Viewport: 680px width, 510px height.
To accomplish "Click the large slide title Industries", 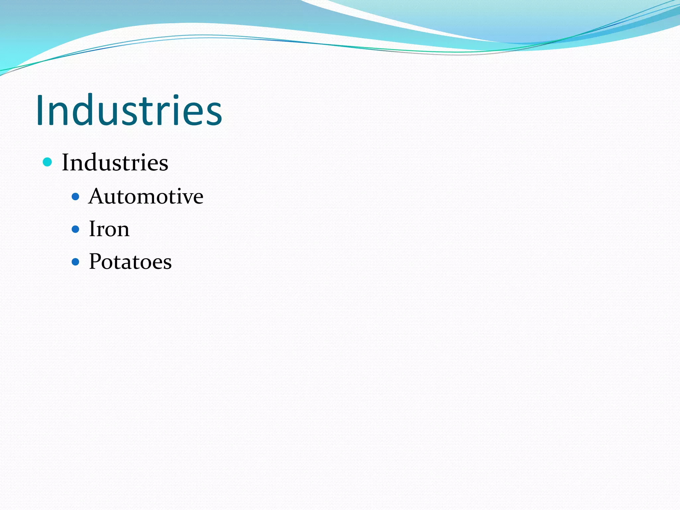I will click(129, 110).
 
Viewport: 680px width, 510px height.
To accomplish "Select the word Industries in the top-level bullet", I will click(115, 163).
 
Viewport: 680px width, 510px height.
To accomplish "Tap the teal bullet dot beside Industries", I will click(48, 162).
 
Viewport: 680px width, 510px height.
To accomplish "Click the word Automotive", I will click(146, 197).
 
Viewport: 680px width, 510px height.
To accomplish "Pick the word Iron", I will click(109, 229).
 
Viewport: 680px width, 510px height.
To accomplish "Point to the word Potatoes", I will click(130, 262).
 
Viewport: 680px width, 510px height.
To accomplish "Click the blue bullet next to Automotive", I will click(76, 197).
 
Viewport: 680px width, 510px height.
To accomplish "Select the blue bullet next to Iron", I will click(76, 229).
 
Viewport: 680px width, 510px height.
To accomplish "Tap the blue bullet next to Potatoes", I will click(76, 262).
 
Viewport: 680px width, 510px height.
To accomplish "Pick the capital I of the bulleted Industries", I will click(66, 162).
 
